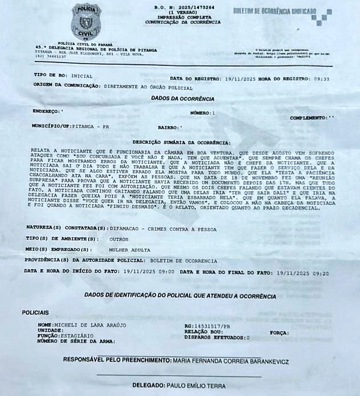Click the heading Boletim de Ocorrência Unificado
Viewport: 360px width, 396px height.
275,11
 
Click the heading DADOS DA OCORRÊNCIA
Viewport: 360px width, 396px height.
182,98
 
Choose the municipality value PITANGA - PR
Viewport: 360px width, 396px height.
94,126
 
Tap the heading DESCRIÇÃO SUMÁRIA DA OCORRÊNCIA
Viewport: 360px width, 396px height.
182,142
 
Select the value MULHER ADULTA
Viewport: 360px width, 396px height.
129,249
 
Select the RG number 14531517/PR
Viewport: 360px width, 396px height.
210,326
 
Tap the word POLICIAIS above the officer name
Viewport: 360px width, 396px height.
35,312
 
